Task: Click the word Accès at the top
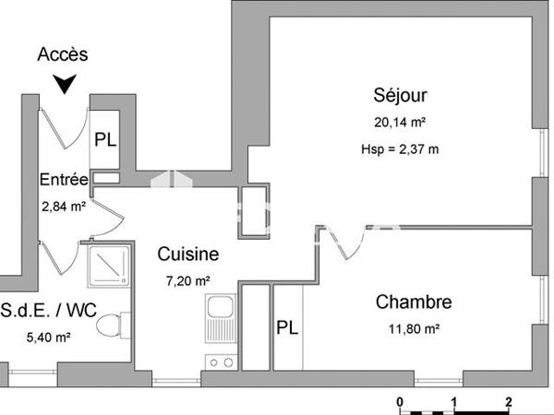[x=63, y=54]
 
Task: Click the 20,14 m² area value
[x=400, y=122]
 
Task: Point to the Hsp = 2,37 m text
[x=400, y=149]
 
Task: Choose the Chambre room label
[x=413, y=302]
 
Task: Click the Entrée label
[x=64, y=180]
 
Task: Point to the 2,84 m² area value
[x=63, y=207]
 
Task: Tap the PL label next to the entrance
[x=106, y=140]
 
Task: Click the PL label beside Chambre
[x=287, y=327]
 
